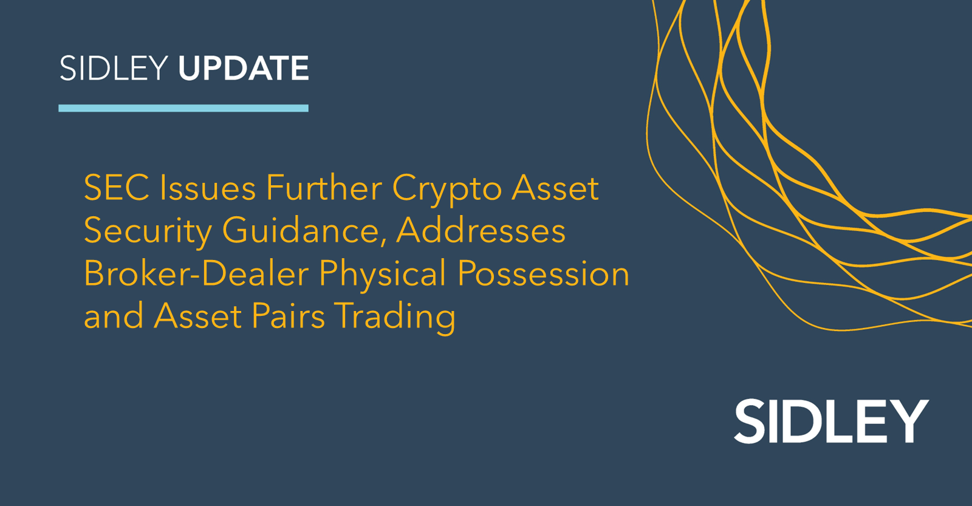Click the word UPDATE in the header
tap(243, 68)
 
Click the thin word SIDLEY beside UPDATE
tap(114, 68)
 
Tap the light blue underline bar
tap(183, 108)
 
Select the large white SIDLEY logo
tap(831, 421)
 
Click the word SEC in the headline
tap(117, 188)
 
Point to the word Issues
tap(207, 188)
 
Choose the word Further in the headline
tap(324, 188)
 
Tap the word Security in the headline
tap(148, 232)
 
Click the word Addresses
tap(481, 231)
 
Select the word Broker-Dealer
tap(196, 273)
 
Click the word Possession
tap(543, 273)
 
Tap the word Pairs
tap(289, 316)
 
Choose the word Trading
tap(395, 317)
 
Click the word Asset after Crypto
tap(555, 188)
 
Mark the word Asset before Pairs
tap(198, 316)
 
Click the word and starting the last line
tap(114, 316)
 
